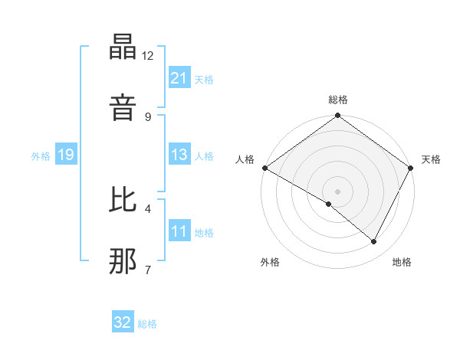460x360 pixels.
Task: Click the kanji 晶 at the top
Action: [x=123, y=50]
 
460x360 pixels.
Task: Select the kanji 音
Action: [x=123, y=106]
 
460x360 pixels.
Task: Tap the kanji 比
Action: [x=123, y=201]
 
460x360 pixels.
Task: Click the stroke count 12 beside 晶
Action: [x=148, y=56]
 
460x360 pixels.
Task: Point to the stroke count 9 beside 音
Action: [x=148, y=116]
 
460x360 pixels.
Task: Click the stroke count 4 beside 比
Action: [x=148, y=208]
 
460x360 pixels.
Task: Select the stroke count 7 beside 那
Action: [x=148, y=269]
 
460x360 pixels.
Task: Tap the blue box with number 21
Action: [x=179, y=78]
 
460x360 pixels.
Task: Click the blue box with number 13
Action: [x=179, y=155]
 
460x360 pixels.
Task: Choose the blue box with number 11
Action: [x=179, y=232]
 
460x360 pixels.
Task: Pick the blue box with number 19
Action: [x=66, y=155]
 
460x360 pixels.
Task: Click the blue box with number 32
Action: [x=123, y=322]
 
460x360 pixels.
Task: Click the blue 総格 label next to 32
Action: [x=148, y=324]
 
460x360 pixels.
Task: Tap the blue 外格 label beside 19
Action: [x=41, y=156]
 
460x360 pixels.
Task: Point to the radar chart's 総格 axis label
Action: [x=338, y=100]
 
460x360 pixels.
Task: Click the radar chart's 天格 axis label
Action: [x=431, y=159]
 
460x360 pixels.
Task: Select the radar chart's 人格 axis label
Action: [x=245, y=159]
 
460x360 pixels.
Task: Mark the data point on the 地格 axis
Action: [x=374, y=242]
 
